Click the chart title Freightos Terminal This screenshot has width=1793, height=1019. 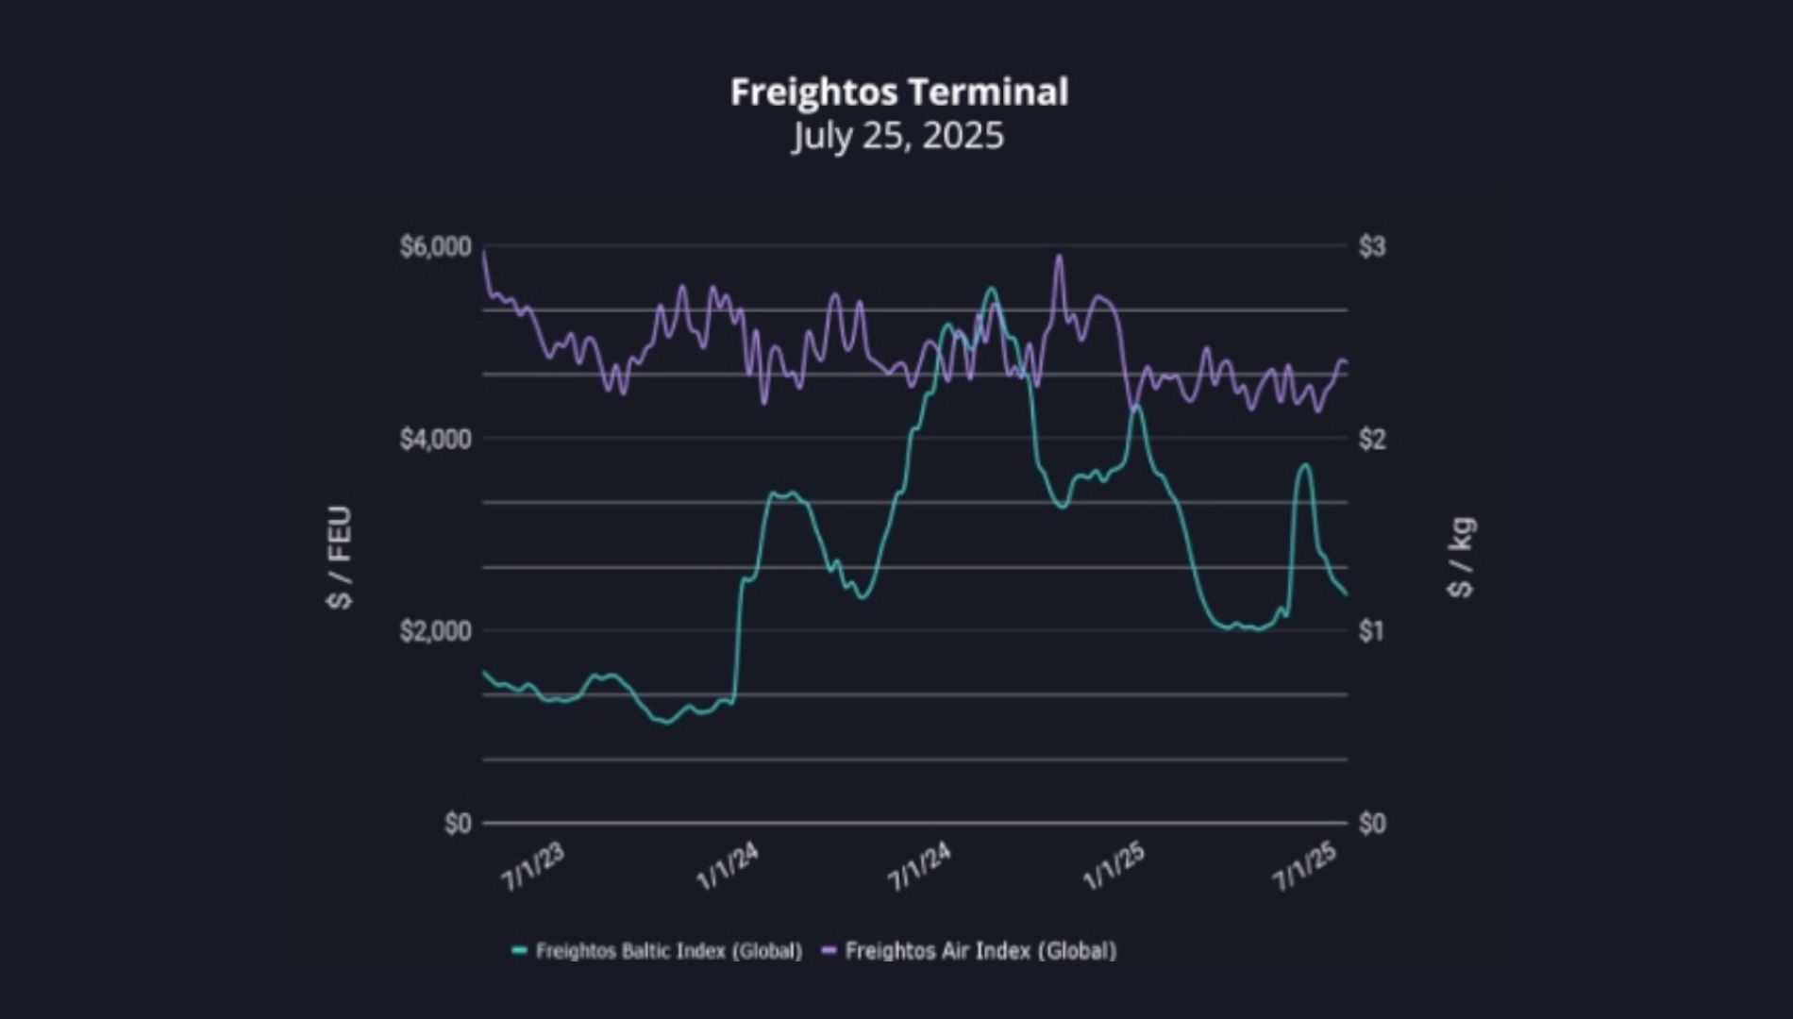pyautogui.click(x=898, y=92)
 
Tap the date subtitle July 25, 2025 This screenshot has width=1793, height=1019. pyautogui.click(x=898, y=136)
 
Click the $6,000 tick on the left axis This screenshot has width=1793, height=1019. pyautogui.click(x=435, y=247)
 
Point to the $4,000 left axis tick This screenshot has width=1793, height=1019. pyautogui.click(x=435, y=440)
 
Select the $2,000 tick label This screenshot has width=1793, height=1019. pyautogui.click(x=435, y=631)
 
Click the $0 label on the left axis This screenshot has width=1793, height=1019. pyautogui.click(x=458, y=824)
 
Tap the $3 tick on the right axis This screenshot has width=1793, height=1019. pyautogui.click(x=1372, y=247)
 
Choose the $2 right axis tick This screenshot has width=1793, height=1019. pyautogui.click(x=1372, y=440)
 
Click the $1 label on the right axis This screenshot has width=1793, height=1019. pyautogui.click(x=1372, y=631)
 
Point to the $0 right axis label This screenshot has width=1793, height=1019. pyautogui.click(x=1372, y=824)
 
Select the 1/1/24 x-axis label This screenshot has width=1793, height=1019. pyautogui.click(x=728, y=867)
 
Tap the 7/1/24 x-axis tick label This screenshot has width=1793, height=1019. pyautogui.click(x=920, y=867)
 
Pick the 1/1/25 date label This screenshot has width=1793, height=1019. pyautogui.click(x=1114, y=867)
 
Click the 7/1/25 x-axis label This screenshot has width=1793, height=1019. pyautogui.click(x=1306, y=867)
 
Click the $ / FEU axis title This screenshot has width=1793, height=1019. pyautogui.click(x=339, y=558)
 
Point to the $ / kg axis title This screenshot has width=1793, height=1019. pyautogui.click(x=1460, y=558)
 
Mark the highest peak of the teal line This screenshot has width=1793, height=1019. pyautogui.click(x=991, y=289)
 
